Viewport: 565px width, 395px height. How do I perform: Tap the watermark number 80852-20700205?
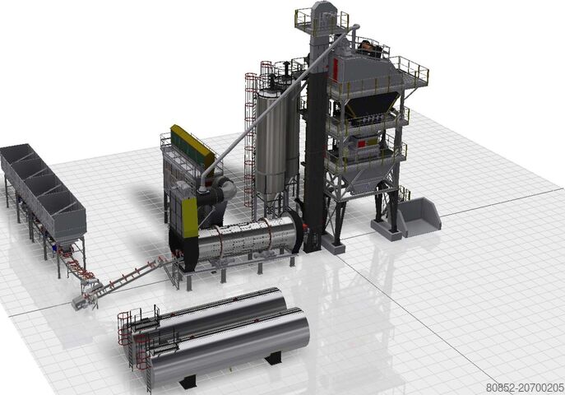[x=524, y=386]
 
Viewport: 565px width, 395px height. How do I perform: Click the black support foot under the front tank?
[x=189, y=381]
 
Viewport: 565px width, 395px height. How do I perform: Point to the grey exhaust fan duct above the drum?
[x=220, y=191]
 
